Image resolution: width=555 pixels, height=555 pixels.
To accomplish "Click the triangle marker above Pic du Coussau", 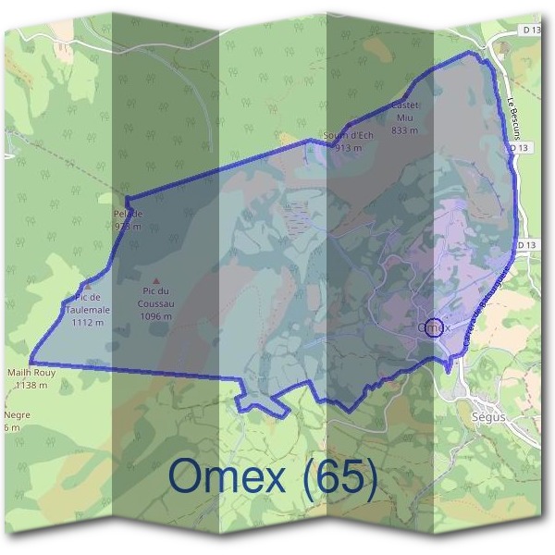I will [155, 280].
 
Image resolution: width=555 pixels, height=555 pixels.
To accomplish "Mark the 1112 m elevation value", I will [87, 323].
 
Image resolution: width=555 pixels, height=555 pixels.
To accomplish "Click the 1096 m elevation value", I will [155, 315].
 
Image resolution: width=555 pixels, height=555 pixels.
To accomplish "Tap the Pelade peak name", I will [128, 215].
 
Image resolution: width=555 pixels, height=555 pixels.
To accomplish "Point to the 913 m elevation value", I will [348, 148].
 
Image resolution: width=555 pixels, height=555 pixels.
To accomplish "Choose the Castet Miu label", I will [405, 111].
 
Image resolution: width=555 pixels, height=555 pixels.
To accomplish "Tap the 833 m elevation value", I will [405, 130].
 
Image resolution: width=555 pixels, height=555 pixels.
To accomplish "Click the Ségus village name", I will [488, 417].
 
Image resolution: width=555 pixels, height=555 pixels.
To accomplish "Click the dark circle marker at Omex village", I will [434, 326].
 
